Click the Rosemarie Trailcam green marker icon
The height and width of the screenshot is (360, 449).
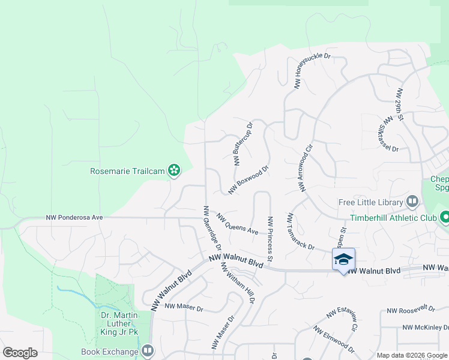click(174, 171)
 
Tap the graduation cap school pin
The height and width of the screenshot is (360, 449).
click(343, 259)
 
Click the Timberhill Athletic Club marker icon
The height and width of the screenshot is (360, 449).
click(445, 217)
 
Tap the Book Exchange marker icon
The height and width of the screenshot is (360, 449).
click(148, 351)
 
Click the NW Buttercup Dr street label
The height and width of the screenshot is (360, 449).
click(243, 143)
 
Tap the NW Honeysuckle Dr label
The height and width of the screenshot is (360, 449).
click(313, 71)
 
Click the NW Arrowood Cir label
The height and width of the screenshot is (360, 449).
click(305, 167)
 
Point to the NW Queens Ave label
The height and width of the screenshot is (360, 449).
click(237, 224)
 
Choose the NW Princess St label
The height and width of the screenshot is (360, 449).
click(271, 239)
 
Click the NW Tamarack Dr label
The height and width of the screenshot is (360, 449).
click(301, 230)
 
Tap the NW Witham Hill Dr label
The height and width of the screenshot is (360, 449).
click(238, 282)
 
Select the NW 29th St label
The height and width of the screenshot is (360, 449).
click(400, 106)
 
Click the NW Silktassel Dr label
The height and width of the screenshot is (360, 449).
click(388, 133)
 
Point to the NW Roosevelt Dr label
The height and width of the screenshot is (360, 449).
click(411, 309)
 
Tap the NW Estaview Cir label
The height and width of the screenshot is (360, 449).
click(343, 319)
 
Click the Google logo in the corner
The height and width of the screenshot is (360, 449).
click(20, 352)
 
